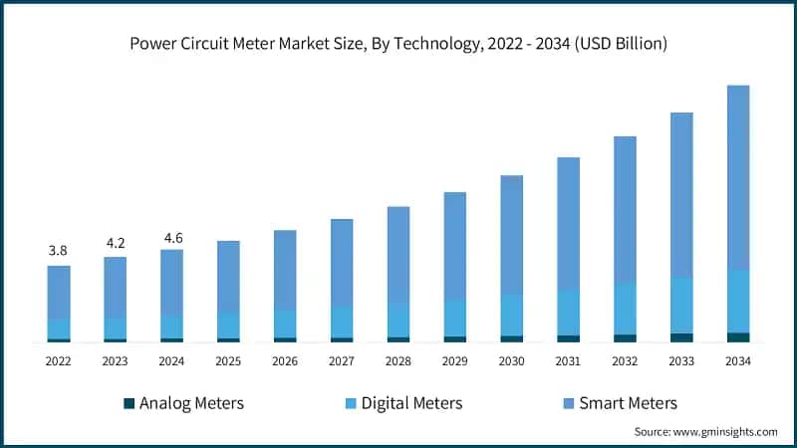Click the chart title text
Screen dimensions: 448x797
(398, 45)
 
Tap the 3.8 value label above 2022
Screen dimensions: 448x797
(59, 251)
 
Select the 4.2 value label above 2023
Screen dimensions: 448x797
(116, 242)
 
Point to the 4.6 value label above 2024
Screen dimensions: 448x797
(172, 237)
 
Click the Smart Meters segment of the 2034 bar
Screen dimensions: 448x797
(738, 177)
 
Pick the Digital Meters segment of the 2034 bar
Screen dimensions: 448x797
(738, 301)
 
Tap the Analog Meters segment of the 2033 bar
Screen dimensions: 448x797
(681, 337)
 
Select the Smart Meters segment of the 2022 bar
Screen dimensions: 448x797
(59, 292)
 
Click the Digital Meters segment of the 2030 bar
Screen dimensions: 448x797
(511, 315)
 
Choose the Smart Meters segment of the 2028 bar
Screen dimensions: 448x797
(398, 254)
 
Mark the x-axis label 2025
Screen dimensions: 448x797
(228, 361)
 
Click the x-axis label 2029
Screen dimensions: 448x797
(455, 361)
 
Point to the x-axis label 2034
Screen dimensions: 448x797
(738, 361)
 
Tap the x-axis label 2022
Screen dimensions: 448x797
(59, 361)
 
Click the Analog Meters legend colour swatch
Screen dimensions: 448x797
(129, 403)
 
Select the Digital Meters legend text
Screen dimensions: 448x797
(411, 403)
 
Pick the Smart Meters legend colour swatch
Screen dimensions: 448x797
(569, 403)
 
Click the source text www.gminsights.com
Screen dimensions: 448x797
(726, 432)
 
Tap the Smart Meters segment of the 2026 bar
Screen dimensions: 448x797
(285, 270)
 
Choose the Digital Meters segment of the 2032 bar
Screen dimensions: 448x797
(625, 309)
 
